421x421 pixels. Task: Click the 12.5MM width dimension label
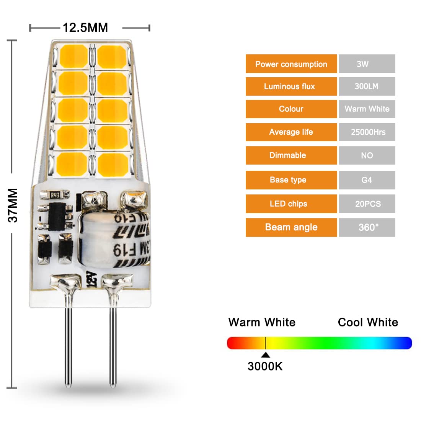[x=85, y=28]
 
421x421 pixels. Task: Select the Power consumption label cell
[x=291, y=64]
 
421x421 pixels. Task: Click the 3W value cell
[x=366, y=64]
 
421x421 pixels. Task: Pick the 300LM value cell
[x=366, y=86]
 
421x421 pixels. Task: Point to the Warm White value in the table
[x=366, y=109]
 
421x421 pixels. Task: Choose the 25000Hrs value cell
[x=366, y=132]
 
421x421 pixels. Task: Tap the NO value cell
[x=366, y=155]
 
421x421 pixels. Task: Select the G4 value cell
[x=366, y=180]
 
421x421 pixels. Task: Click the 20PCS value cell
[x=366, y=204]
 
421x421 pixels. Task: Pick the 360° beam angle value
[x=366, y=227]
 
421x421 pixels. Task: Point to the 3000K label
[x=265, y=366]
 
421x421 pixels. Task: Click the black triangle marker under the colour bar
[x=265, y=355]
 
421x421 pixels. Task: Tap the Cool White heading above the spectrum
[x=368, y=322]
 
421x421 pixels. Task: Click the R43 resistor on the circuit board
[x=55, y=195]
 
